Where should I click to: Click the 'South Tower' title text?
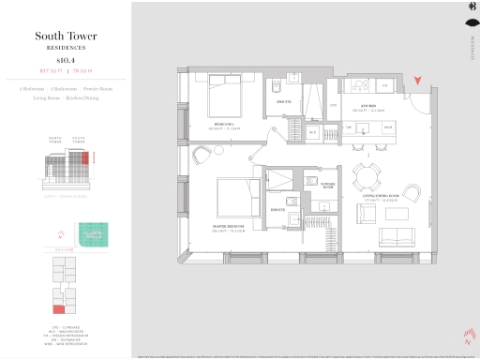tap(63, 37)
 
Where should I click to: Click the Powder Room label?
tap(328, 185)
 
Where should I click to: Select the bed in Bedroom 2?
tap(225, 97)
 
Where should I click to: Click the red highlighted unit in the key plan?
tap(58, 308)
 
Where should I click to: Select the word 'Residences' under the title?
tap(63, 46)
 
